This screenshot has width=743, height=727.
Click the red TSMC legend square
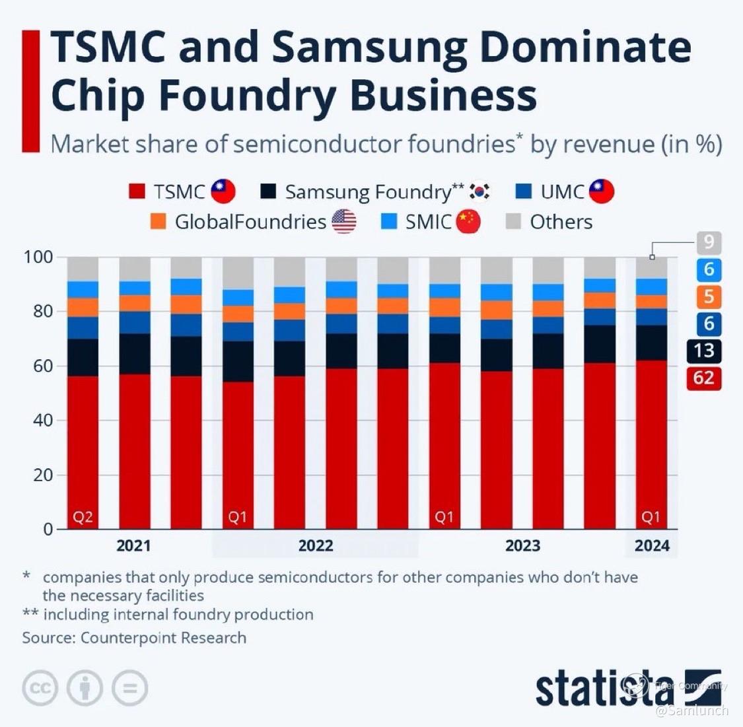pos(137,192)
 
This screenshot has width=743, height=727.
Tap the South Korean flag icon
pos(479,191)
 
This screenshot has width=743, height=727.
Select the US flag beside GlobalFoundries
pos(343,222)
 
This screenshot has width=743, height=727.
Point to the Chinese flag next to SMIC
pos(468,222)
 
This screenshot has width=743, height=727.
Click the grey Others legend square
pos(513,222)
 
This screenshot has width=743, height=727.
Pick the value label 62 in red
pos(703,378)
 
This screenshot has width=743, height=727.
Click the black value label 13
pos(703,350)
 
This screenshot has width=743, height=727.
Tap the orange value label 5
pos(708,296)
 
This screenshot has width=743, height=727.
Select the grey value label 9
pos(708,242)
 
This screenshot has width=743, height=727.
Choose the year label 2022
pos(316,546)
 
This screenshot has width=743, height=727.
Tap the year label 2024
pos(652,546)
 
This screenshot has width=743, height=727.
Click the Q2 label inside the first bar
pos(83,517)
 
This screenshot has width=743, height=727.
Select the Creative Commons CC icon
pos(40,689)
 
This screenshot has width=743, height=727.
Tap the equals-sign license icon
pos(129,689)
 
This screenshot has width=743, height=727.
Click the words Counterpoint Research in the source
pos(163,638)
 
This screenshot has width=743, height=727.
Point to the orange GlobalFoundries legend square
pos(159,222)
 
